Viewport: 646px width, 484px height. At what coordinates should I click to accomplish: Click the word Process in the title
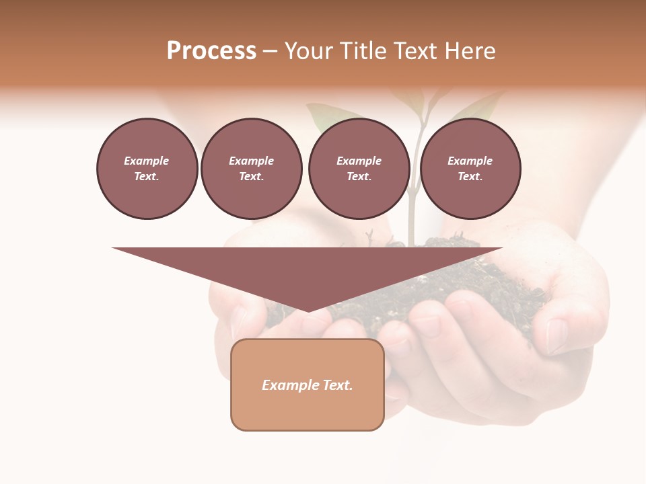pos(211,51)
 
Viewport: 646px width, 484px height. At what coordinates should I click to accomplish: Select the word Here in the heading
pos(470,51)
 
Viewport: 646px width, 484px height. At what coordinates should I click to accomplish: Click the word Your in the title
pos(308,51)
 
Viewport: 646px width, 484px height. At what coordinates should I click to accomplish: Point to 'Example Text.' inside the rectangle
pos(308,385)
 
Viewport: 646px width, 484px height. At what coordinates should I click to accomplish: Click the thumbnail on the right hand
pos(557,336)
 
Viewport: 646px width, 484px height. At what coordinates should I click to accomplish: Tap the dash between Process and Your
pos(271,52)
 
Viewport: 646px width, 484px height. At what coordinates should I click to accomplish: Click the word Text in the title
pos(415,51)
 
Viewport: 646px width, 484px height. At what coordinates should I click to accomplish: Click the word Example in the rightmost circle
pos(470,161)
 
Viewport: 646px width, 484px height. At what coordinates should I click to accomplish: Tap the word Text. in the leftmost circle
pos(147,176)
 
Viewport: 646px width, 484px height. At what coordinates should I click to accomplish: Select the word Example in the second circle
pos(251,161)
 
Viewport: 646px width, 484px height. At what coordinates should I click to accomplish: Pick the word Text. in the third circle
pos(359,176)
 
